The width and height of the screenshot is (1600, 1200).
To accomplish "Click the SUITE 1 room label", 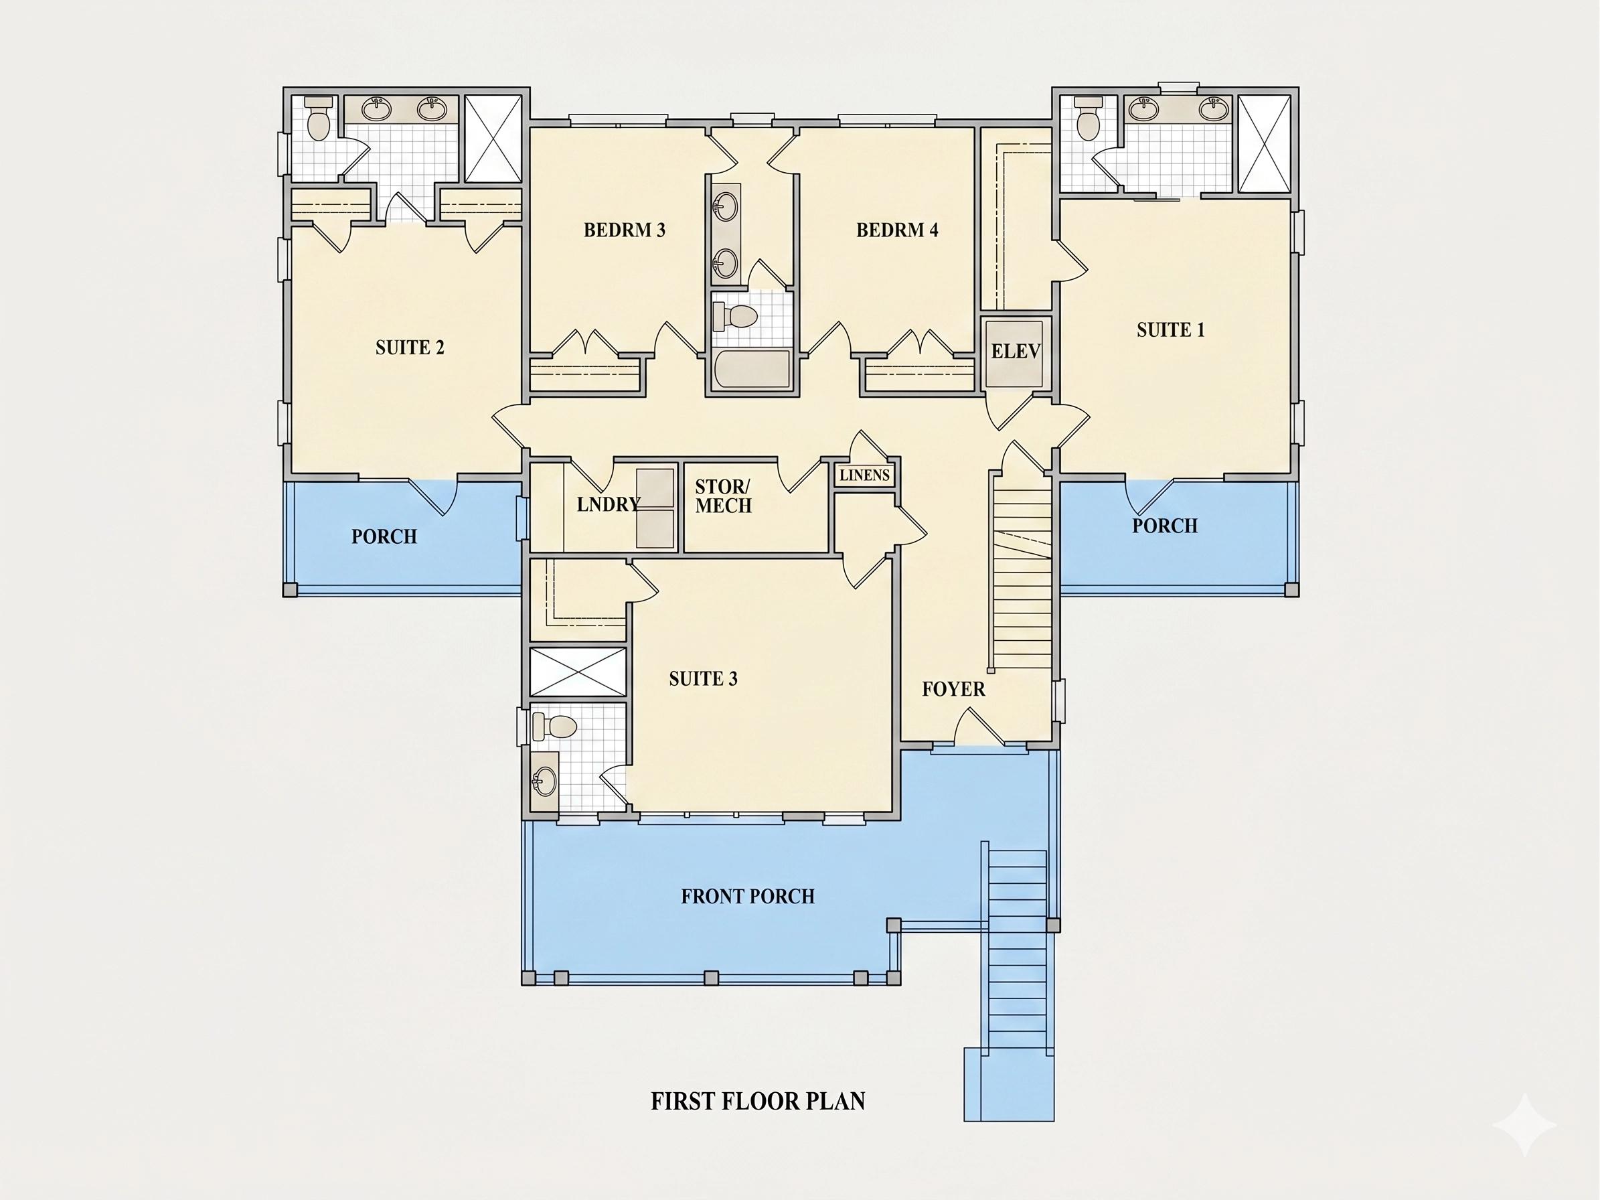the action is (x=1170, y=330).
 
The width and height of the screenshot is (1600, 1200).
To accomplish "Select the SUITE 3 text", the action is (x=703, y=678).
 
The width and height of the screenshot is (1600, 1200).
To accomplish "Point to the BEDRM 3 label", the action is (x=624, y=230).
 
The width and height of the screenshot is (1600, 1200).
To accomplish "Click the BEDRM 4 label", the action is (x=897, y=230).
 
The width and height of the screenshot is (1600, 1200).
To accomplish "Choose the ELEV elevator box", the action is (x=1016, y=354).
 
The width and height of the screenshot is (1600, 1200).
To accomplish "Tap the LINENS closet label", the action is (x=864, y=475).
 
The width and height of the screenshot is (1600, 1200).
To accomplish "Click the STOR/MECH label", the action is (x=723, y=496).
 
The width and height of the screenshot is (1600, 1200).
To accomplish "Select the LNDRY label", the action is (x=609, y=504).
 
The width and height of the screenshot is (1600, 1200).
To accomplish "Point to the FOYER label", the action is (x=953, y=688).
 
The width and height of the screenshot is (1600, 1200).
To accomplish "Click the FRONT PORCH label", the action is (x=748, y=896).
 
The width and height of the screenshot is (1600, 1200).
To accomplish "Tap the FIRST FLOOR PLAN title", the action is (x=758, y=1101).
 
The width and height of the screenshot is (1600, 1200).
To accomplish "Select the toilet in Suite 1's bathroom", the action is (x=1088, y=118).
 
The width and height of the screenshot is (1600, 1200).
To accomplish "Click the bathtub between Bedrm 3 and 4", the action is (x=752, y=370).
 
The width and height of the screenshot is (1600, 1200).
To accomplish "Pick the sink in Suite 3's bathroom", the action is (x=544, y=781).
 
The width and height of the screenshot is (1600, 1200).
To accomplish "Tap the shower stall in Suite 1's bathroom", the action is (x=1265, y=143).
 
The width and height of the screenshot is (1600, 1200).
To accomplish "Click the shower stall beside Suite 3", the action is (x=578, y=672).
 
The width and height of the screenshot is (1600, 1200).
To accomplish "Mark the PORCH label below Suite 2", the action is (x=384, y=536).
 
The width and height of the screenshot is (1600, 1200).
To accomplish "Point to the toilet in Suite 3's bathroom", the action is (x=554, y=726).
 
